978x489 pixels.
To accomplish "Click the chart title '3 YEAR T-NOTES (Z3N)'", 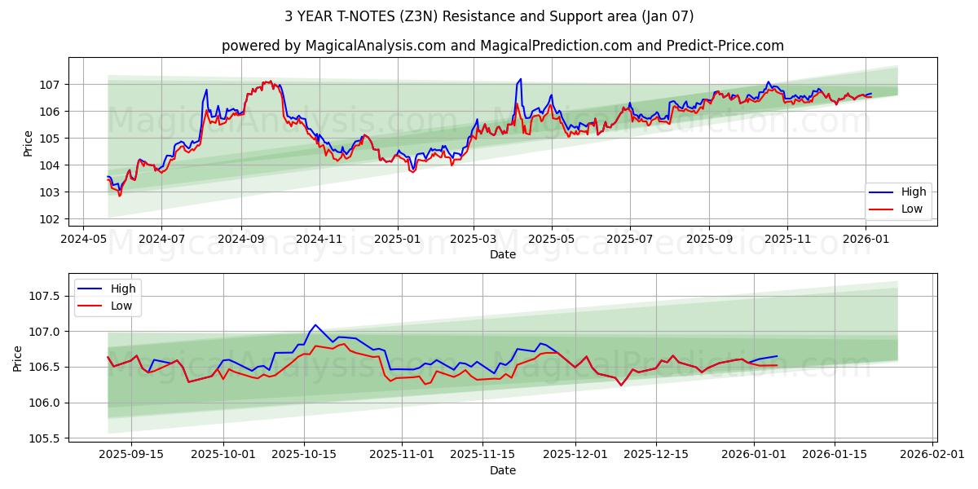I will (489, 16).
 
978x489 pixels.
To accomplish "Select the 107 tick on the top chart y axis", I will (48, 85).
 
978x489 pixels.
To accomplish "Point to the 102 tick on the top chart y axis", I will (48, 219).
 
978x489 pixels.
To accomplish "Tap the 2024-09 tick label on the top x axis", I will (240, 240).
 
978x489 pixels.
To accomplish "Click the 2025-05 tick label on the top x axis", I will (551, 240).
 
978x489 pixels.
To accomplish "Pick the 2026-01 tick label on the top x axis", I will (865, 240).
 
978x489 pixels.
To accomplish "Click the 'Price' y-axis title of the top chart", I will (29, 143).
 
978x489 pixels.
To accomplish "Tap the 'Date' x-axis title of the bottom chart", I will (502, 470).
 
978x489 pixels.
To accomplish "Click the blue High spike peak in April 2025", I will (520, 79).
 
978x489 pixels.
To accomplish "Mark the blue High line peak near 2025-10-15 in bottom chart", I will (315, 324).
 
